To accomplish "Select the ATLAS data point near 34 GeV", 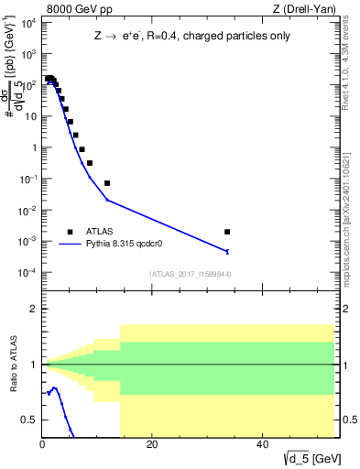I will [227, 232].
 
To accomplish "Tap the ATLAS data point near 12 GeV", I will [107, 183].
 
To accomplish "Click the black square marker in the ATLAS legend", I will [70, 232].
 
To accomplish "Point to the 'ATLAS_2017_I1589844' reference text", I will [190, 274].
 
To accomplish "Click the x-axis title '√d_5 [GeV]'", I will [305, 459].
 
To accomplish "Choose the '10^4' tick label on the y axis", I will [28, 22].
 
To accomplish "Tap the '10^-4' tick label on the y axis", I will [28, 273].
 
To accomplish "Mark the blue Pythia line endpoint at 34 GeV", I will [227, 251].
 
